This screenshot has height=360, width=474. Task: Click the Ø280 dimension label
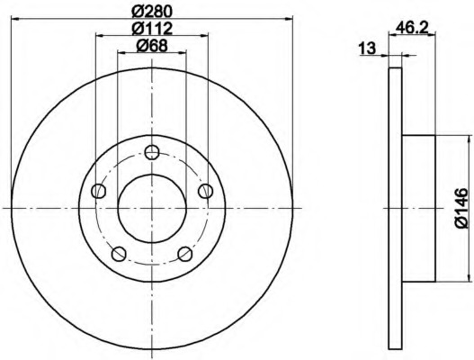pyautogui.click(x=152, y=12)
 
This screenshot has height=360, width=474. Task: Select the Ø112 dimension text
pyautogui.click(x=152, y=29)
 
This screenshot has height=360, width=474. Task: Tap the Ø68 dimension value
pyautogui.click(x=152, y=46)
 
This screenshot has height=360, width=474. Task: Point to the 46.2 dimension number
pyautogui.click(x=412, y=28)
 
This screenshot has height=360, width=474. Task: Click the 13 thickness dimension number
pyautogui.click(x=367, y=49)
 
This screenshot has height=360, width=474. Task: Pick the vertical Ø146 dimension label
pyautogui.click(x=461, y=208)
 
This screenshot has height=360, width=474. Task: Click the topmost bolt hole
pyautogui.click(x=152, y=152)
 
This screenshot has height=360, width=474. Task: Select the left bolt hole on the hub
pyautogui.click(x=99, y=191)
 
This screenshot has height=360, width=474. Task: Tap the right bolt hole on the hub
pyautogui.click(x=205, y=191)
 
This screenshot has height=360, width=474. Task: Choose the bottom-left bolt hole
pyautogui.click(x=119, y=254)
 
